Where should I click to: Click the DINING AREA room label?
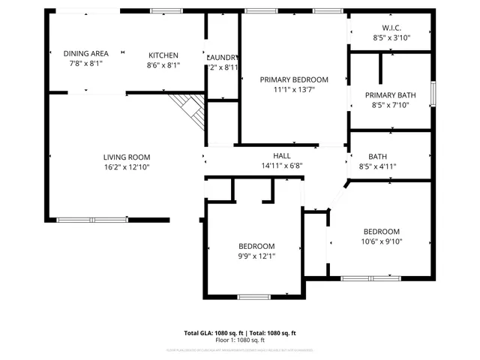pyautogui.click(x=85, y=54)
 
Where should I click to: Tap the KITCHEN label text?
pyautogui.click(x=163, y=55)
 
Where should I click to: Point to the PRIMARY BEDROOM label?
pyautogui.click(x=294, y=79)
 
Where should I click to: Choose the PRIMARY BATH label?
pyautogui.click(x=391, y=95)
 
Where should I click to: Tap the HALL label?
pyautogui.click(x=282, y=156)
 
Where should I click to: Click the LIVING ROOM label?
pyautogui.click(x=127, y=157)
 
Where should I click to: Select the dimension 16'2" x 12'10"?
pyautogui.click(x=127, y=167)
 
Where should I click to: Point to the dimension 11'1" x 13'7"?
pyautogui.click(x=294, y=89)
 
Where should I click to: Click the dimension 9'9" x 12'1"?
pyautogui.click(x=256, y=256)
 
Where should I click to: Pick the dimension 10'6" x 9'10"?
pyautogui.click(x=382, y=241)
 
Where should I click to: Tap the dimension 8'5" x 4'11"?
pyautogui.click(x=377, y=166)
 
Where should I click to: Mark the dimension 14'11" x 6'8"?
pyautogui.click(x=282, y=166)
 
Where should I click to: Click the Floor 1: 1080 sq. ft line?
pyautogui.click(x=240, y=340)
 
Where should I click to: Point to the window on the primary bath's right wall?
pyautogui.click(x=433, y=94)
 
